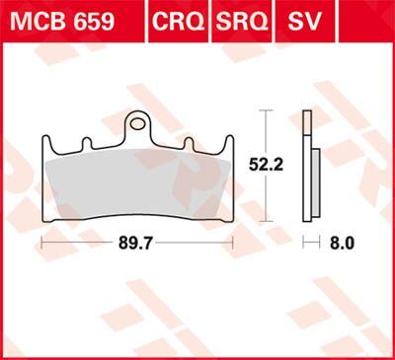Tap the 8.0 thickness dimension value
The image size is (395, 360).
[x=342, y=240]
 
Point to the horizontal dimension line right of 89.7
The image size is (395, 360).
[x=197, y=240]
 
